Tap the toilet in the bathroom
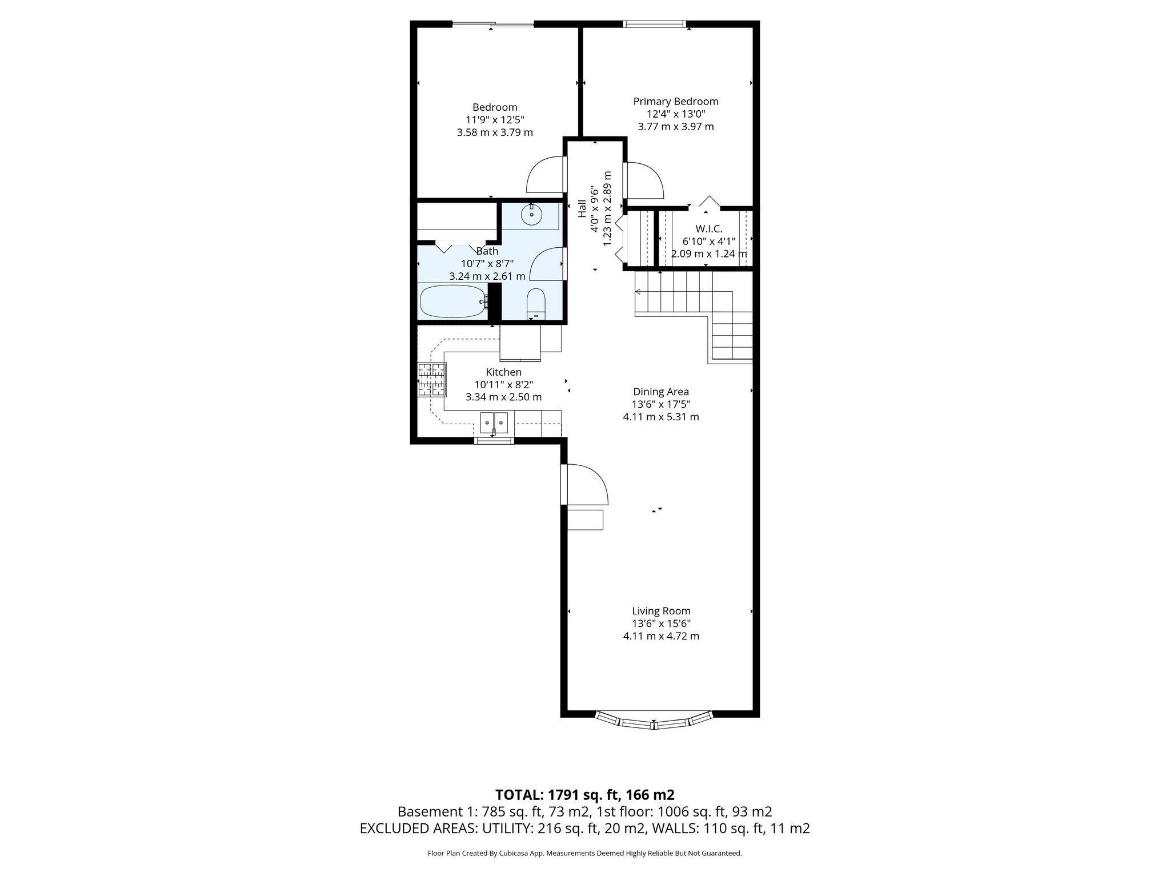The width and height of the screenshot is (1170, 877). (536, 304)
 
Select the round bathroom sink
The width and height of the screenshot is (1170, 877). (532, 216)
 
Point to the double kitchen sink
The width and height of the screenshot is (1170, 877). (494, 423)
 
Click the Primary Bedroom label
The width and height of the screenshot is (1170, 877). (676, 102)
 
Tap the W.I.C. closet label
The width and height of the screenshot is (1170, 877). (708, 229)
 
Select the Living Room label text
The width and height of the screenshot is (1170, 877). (661, 611)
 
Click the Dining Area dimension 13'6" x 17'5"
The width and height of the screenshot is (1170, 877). (661, 404)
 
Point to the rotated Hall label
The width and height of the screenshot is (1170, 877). (582, 208)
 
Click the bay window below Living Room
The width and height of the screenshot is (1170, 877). (654, 722)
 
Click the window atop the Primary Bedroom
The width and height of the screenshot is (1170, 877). (654, 24)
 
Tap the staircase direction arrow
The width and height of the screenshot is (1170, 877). (639, 292)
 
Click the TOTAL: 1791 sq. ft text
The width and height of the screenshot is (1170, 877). (584, 795)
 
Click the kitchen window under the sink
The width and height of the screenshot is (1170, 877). (494, 440)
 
